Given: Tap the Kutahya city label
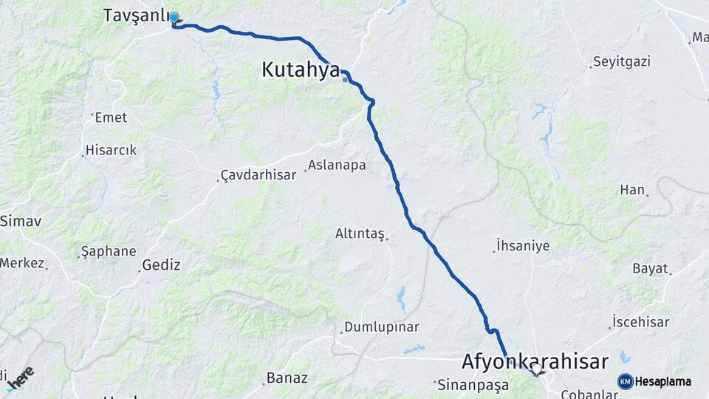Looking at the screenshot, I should [x=301, y=70].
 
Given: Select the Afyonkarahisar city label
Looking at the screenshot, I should [x=535, y=361].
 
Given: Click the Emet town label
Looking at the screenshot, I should [x=112, y=117].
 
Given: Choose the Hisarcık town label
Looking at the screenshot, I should [x=112, y=150].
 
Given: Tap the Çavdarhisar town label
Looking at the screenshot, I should [x=259, y=175].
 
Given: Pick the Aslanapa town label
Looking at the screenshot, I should [x=337, y=165].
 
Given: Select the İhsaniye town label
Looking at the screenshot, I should [x=523, y=245].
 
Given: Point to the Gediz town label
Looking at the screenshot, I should [x=162, y=265].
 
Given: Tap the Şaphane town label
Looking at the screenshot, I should [x=108, y=251].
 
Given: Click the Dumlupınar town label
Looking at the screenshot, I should [x=382, y=327].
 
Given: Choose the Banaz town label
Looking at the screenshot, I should [x=287, y=378].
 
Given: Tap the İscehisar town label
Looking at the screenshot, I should [x=640, y=321].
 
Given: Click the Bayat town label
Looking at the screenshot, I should [x=650, y=268].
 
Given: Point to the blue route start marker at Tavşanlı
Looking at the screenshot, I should [x=174, y=18].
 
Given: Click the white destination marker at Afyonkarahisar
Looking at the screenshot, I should [x=537, y=367].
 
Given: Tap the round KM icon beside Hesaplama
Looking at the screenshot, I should [x=625, y=381].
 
